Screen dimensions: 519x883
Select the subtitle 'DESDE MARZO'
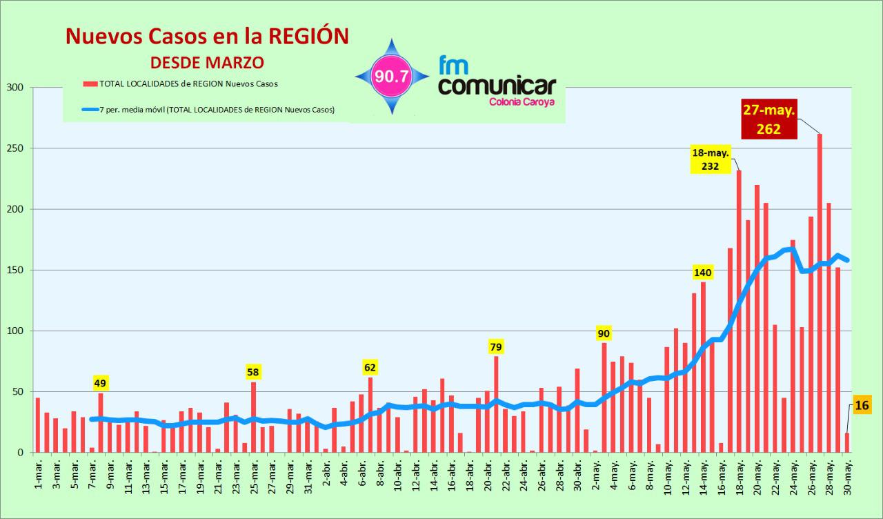[x=207, y=62]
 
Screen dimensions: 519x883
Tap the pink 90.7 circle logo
[x=392, y=77]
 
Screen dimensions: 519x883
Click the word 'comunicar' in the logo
[x=497, y=87]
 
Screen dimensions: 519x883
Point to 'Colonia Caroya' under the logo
[x=521, y=102]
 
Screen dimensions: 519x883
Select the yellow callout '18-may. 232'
[x=711, y=159]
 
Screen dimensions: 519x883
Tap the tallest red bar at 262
[x=820, y=293]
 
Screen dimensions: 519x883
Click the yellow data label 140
[x=703, y=273]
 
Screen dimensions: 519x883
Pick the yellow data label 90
[x=604, y=334]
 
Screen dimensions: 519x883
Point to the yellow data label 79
[x=496, y=347]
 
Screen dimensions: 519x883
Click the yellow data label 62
[x=370, y=368]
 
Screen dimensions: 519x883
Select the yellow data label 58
[x=253, y=373]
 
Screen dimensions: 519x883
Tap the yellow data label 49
[x=101, y=383]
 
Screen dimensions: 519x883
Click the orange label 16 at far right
[x=861, y=405]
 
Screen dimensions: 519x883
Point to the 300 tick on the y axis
[x=16, y=88]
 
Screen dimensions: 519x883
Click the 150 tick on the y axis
[x=16, y=270]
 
